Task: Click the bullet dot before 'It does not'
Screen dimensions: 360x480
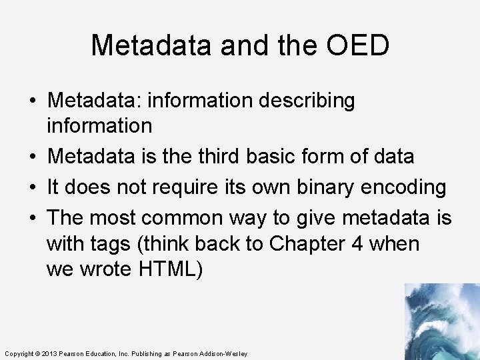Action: (x=32, y=188)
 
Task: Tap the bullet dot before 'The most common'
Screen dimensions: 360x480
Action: (x=32, y=218)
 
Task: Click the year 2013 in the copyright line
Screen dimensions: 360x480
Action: (x=50, y=353)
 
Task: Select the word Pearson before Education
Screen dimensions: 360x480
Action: (x=73, y=353)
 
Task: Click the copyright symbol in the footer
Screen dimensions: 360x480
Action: (x=37, y=353)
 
